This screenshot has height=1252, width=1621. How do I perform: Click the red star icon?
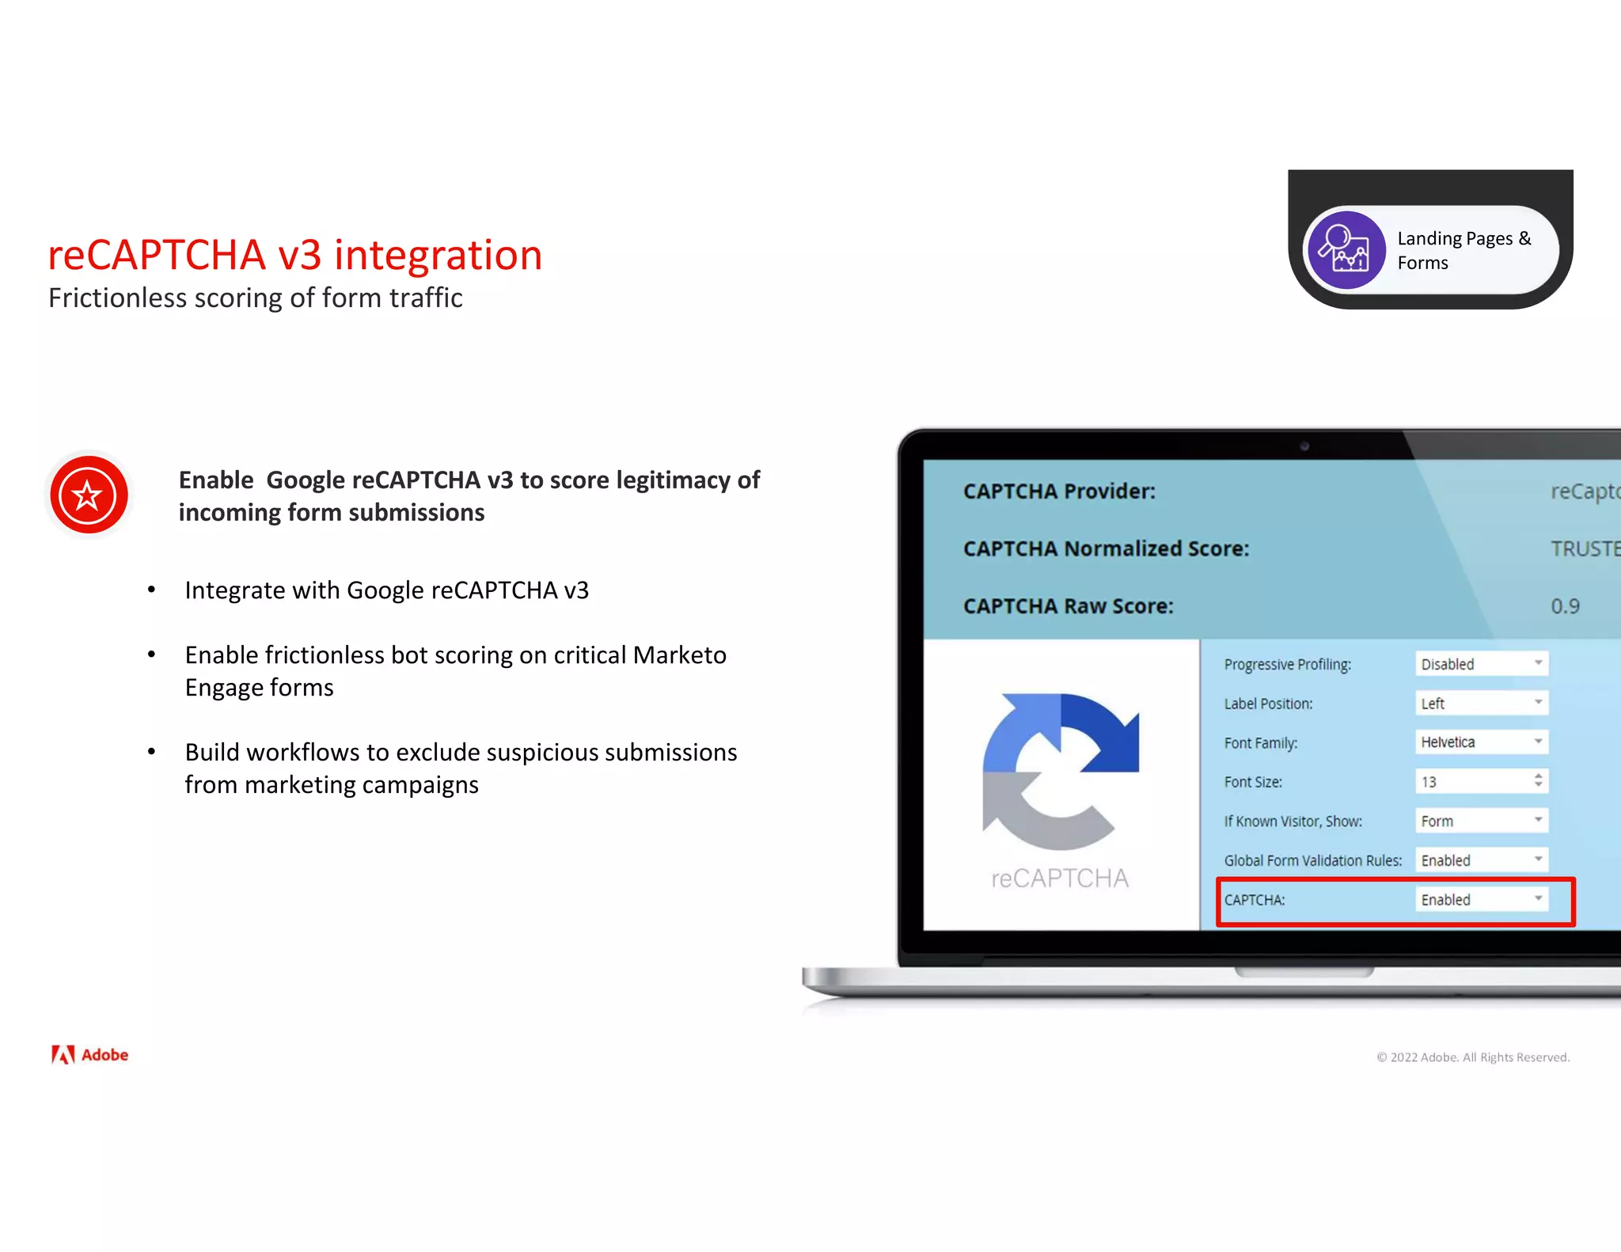(x=89, y=495)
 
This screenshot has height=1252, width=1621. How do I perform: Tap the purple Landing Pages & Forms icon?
(x=1346, y=250)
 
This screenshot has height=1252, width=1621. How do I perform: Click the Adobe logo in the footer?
(x=89, y=1055)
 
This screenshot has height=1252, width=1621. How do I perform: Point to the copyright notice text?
(x=1472, y=1057)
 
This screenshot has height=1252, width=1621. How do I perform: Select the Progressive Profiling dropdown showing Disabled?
(x=1481, y=664)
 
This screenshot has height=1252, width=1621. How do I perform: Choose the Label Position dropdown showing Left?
(x=1481, y=703)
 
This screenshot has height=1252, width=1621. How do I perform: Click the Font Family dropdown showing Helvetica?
(x=1481, y=742)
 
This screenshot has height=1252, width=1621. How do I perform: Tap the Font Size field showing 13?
(x=1481, y=782)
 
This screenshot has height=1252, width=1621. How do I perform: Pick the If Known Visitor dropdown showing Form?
(x=1481, y=821)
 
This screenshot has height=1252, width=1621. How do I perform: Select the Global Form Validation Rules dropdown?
(x=1481, y=860)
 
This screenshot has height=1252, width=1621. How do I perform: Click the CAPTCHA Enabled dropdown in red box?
(x=1481, y=900)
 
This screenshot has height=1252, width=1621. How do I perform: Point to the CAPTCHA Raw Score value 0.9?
(x=1565, y=606)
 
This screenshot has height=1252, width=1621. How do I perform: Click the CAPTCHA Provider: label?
(x=1059, y=491)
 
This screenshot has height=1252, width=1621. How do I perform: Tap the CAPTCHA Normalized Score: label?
(x=1106, y=548)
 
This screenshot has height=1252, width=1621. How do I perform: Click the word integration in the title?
(x=438, y=256)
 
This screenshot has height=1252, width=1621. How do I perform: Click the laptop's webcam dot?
(x=1304, y=446)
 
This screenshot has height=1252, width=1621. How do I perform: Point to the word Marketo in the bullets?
(x=679, y=655)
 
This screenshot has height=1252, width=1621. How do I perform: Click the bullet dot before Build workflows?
(x=151, y=752)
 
